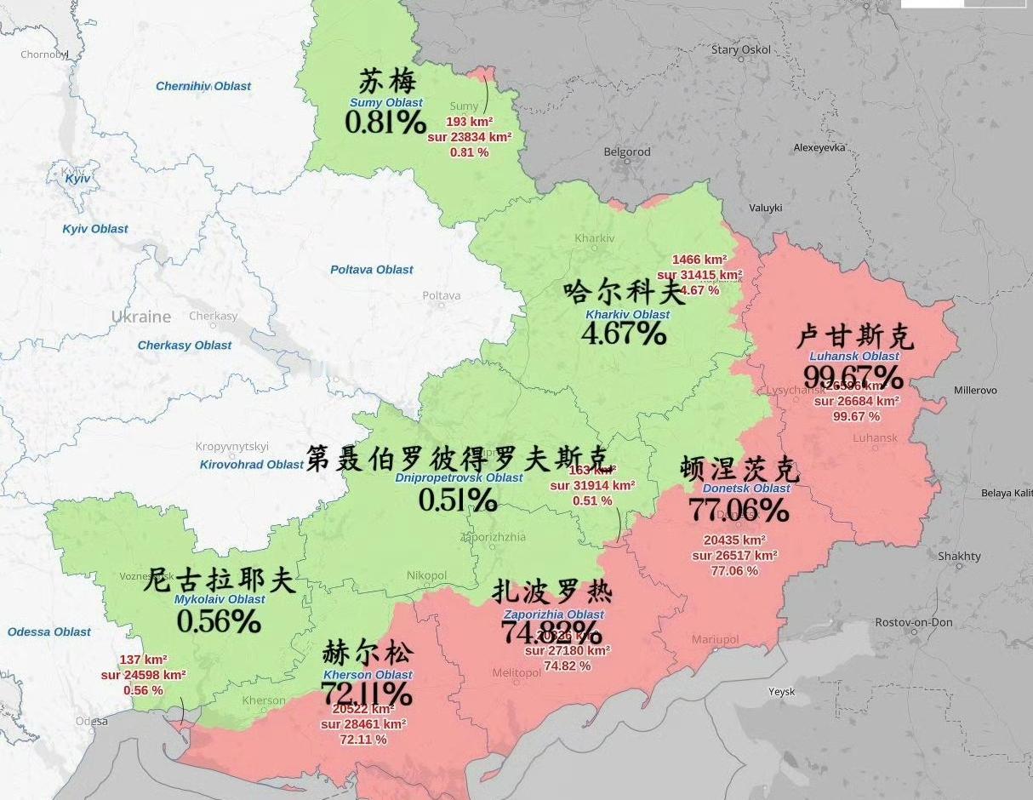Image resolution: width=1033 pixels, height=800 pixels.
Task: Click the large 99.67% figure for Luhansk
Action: [x=853, y=376]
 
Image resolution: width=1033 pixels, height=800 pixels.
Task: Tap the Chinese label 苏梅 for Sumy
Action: [x=387, y=83]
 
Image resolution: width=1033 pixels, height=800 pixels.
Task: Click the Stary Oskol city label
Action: [x=740, y=49]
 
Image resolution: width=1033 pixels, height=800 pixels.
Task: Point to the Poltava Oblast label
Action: [x=372, y=270]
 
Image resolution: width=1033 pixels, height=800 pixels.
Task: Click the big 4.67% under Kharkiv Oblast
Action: [x=624, y=334]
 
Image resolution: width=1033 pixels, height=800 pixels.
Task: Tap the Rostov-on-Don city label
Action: [x=914, y=622]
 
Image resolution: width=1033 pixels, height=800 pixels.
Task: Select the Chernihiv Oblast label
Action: [x=203, y=86]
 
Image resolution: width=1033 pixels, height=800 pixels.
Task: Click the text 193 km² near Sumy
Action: [x=470, y=122]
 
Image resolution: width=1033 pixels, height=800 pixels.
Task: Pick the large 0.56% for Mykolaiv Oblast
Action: [x=219, y=621]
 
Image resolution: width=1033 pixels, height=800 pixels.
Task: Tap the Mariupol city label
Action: [x=715, y=639]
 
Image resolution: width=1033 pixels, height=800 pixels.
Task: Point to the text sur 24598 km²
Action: [x=143, y=675]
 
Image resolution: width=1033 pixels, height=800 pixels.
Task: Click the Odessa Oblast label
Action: [x=49, y=631]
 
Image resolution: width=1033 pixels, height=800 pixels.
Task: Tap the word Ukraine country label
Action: [x=140, y=317]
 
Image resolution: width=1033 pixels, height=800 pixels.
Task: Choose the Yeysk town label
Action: [x=781, y=692]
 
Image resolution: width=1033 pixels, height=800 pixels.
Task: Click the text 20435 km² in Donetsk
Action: [x=734, y=540]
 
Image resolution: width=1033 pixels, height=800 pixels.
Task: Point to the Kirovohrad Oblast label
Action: [x=251, y=465]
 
